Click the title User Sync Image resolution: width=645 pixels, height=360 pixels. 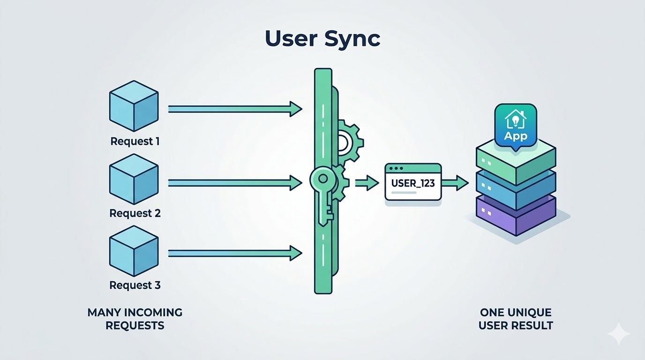coord(322,39)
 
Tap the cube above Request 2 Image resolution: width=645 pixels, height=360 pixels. coord(134,180)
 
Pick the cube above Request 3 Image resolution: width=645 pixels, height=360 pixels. coord(134,252)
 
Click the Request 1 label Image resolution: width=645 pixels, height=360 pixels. coord(135,141)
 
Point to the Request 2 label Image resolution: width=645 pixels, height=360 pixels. coord(135,213)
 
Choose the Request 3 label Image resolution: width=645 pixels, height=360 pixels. coord(135,285)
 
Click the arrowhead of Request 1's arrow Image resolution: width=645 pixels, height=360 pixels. coord(295,109)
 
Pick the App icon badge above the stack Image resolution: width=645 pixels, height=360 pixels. coord(515,126)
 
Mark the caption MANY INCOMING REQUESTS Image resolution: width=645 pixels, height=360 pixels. coord(135,319)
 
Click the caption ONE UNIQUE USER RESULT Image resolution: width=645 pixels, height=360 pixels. coord(516,319)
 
